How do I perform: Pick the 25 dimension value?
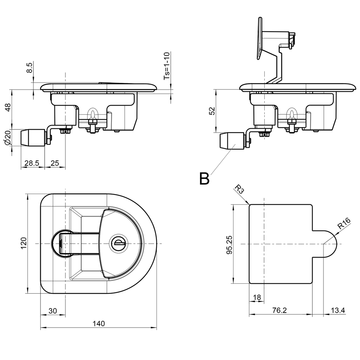(55, 163)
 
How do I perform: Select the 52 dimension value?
(212, 111)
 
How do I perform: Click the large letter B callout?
(204, 179)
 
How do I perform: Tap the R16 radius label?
(344, 224)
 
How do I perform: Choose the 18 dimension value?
(257, 297)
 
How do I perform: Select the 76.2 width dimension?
(280, 310)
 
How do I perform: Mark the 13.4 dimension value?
(337, 310)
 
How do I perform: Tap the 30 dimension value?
(52, 310)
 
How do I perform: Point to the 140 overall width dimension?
(99, 323)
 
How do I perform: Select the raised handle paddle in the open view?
(259, 39)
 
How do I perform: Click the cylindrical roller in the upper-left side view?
(33, 137)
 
